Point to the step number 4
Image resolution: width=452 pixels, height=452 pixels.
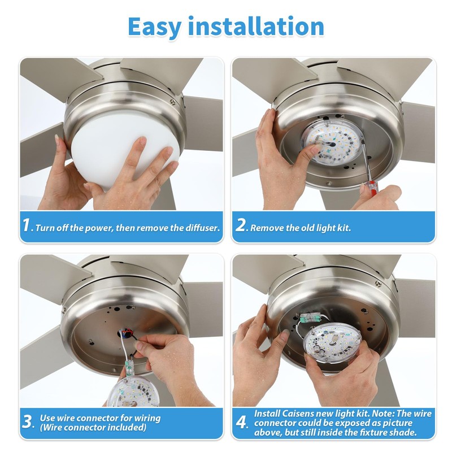(242, 423)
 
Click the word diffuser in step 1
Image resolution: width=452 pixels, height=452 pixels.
(199, 228)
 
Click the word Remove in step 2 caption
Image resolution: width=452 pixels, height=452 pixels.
(266, 228)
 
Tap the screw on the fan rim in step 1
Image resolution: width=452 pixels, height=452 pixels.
(173, 102)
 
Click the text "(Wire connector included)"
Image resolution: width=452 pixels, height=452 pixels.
(93, 428)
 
